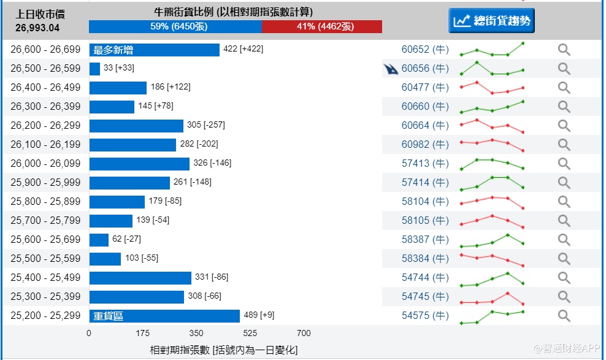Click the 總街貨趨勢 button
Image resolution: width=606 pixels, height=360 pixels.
491,21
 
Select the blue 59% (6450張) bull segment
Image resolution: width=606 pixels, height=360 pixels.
175,26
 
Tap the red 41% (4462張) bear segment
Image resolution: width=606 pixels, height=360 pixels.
321,26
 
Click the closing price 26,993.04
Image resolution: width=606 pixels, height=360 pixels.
37,28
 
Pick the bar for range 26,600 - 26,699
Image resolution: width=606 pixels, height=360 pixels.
154,50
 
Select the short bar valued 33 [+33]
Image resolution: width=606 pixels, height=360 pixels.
94,69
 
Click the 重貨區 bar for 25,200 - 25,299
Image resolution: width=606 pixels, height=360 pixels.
164,316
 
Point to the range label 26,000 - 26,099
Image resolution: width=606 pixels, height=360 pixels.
45,164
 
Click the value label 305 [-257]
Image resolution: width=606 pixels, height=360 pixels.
206,125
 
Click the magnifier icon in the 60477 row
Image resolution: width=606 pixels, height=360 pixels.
564,88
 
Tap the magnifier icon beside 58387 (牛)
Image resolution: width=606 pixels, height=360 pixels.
564,240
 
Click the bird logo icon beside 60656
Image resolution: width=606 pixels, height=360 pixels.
390,69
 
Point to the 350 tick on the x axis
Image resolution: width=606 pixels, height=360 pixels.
196,334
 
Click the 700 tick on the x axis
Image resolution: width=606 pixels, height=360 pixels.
304,334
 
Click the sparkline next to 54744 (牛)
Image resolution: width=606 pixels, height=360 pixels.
492,278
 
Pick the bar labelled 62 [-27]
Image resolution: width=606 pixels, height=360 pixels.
99,240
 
